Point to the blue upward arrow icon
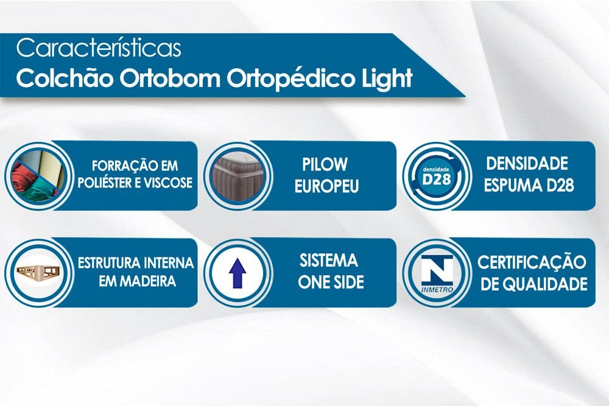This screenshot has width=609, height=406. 238,274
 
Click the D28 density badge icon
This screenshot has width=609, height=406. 437,177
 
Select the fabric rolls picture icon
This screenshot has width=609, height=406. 38,177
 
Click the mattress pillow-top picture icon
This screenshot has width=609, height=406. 237,177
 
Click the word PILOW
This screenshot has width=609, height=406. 325,165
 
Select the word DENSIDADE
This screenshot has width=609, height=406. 527,164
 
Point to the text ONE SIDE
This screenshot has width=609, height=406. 331,282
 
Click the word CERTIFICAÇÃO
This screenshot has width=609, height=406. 532,262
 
